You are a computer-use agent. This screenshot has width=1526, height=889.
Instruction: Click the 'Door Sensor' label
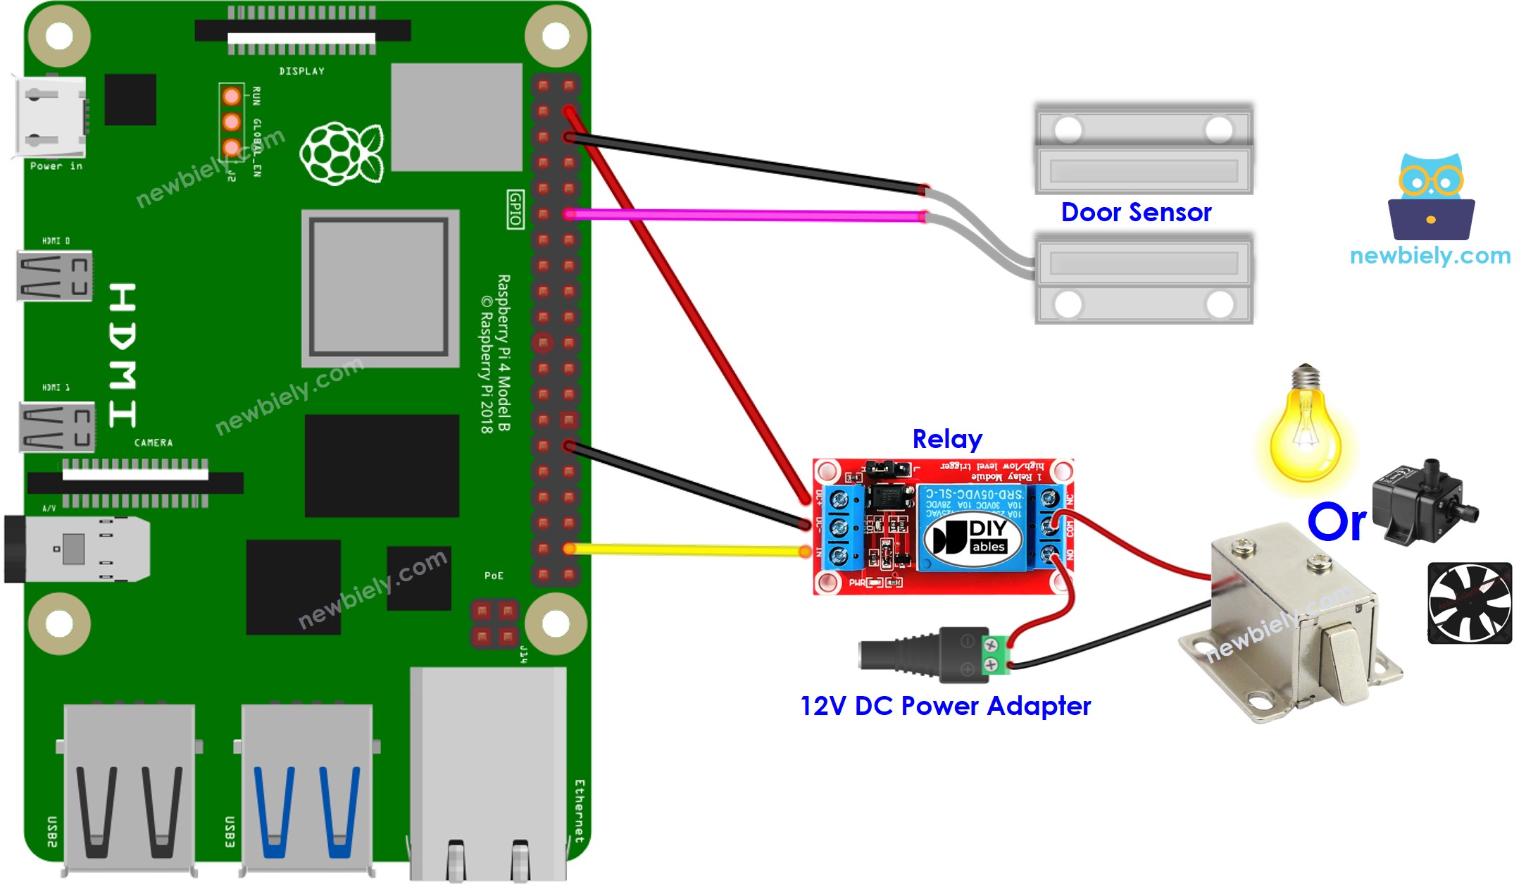1135,212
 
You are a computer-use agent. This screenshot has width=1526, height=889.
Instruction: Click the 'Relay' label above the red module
946,439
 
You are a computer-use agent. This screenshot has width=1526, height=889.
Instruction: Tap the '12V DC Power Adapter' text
945,706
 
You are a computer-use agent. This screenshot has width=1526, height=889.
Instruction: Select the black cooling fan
1469,603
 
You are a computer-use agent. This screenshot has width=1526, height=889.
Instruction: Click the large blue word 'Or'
1336,522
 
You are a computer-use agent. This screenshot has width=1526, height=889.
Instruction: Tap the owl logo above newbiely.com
1430,197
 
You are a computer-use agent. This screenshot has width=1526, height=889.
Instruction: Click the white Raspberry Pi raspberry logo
342,154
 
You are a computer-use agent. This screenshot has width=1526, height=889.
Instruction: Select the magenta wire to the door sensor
746,215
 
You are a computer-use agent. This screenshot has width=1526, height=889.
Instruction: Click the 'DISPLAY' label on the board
301,71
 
